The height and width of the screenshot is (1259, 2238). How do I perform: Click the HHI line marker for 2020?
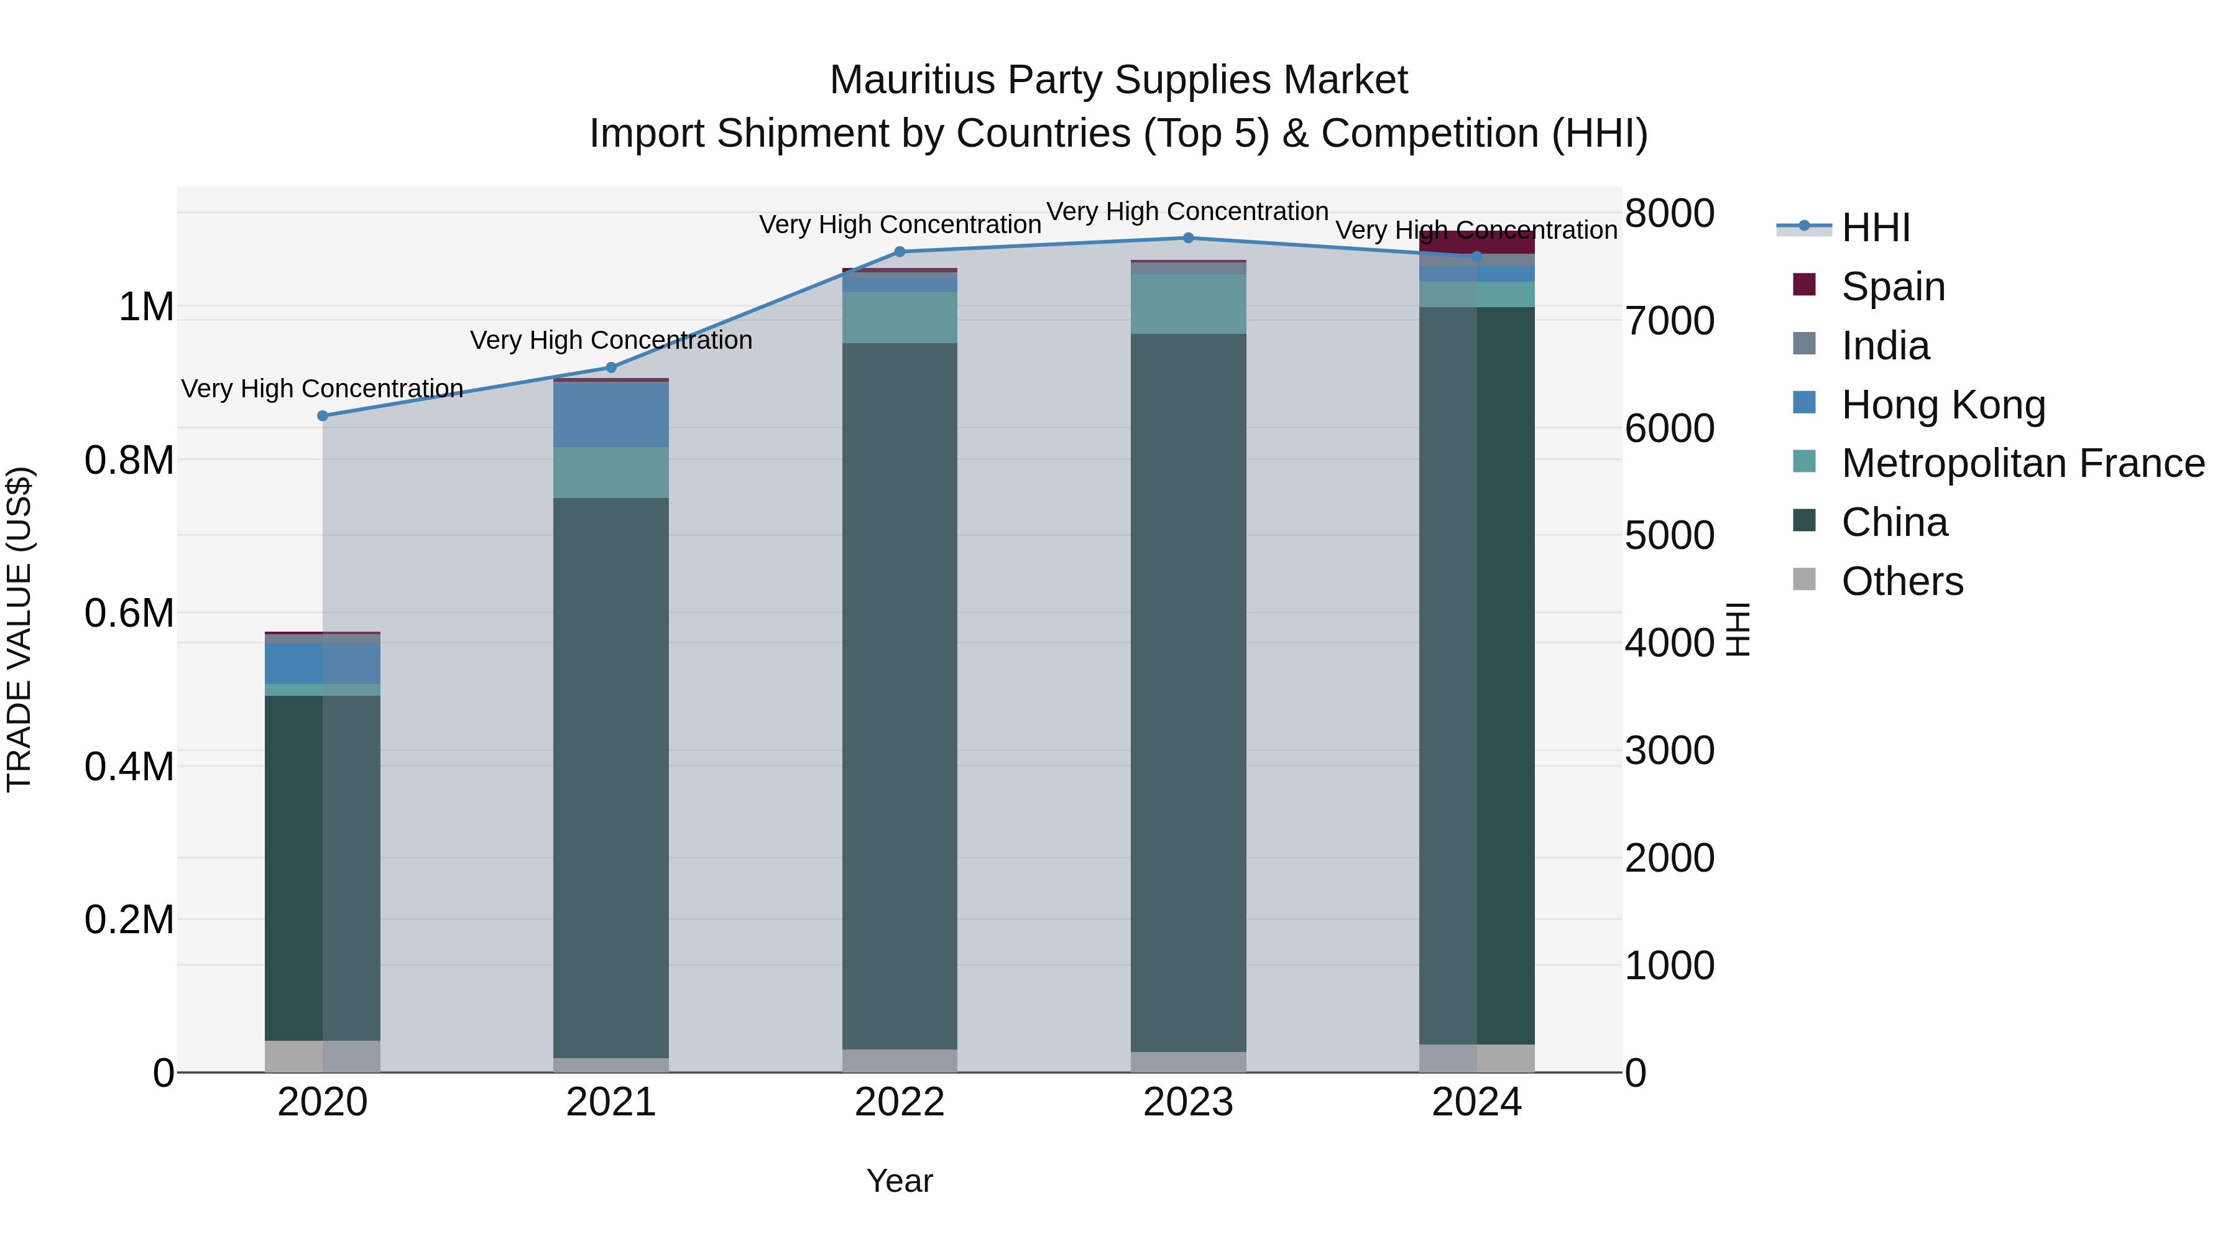click(322, 415)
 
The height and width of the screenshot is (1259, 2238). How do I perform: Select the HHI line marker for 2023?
click(1187, 238)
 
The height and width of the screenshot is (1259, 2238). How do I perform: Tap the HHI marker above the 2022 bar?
click(899, 252)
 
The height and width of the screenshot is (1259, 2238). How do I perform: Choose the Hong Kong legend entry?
click(1943, 405)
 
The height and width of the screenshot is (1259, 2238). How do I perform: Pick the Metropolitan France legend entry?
click(2022, 463)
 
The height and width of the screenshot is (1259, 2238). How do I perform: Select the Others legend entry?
click(1902, 581)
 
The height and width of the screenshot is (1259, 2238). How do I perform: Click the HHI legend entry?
click(1875, 228)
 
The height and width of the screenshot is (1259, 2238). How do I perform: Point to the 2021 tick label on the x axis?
click(610, 1102)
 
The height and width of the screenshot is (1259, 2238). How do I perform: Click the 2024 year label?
click(1476, 1102)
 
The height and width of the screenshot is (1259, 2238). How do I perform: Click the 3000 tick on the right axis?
click(1669, 750)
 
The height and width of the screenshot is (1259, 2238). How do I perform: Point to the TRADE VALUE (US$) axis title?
click(19, 629)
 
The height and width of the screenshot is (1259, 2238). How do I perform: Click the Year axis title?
click(899, 1181)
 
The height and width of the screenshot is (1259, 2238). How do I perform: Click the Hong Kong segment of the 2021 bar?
click(610, 415)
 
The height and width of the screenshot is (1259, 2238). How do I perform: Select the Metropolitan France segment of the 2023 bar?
click(1187, 304)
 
